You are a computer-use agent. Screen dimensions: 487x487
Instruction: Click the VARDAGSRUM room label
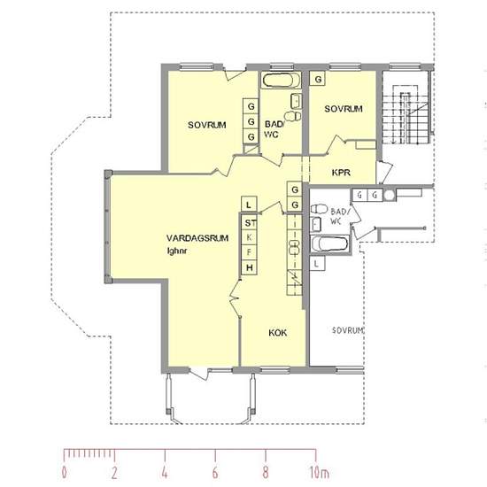[197, 238]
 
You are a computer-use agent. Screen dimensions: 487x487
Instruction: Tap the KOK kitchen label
[278, 333]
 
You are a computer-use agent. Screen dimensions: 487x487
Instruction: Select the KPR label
[341, 173]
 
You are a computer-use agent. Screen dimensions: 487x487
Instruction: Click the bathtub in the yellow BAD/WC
[281, 81]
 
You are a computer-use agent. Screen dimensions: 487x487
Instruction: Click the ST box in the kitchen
[250, 222]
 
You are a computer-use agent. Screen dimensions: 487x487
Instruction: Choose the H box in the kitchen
[250, 267]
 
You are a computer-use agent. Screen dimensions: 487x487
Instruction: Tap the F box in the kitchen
[250, 252]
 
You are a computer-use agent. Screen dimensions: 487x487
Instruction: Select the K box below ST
[250, 237]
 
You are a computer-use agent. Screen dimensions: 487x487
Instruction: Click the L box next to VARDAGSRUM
[249, 205]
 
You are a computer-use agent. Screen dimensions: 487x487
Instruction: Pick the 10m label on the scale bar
[319, 473]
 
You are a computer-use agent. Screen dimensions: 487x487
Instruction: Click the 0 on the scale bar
[64, 473]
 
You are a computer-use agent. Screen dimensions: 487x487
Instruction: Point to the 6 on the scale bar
[215, 473]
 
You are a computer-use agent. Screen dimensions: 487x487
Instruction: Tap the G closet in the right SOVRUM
[318, 79]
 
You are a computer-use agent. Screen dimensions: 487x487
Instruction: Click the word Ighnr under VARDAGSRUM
[177, 251]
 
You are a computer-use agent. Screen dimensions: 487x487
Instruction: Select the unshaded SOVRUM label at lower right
[348, 330]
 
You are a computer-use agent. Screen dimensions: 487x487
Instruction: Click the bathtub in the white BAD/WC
[330, 243]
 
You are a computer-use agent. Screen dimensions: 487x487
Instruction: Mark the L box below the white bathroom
[317, 263]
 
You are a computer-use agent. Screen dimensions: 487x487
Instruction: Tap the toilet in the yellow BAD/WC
[292, 116]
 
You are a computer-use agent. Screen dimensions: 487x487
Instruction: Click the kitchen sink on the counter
[294, 247]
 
